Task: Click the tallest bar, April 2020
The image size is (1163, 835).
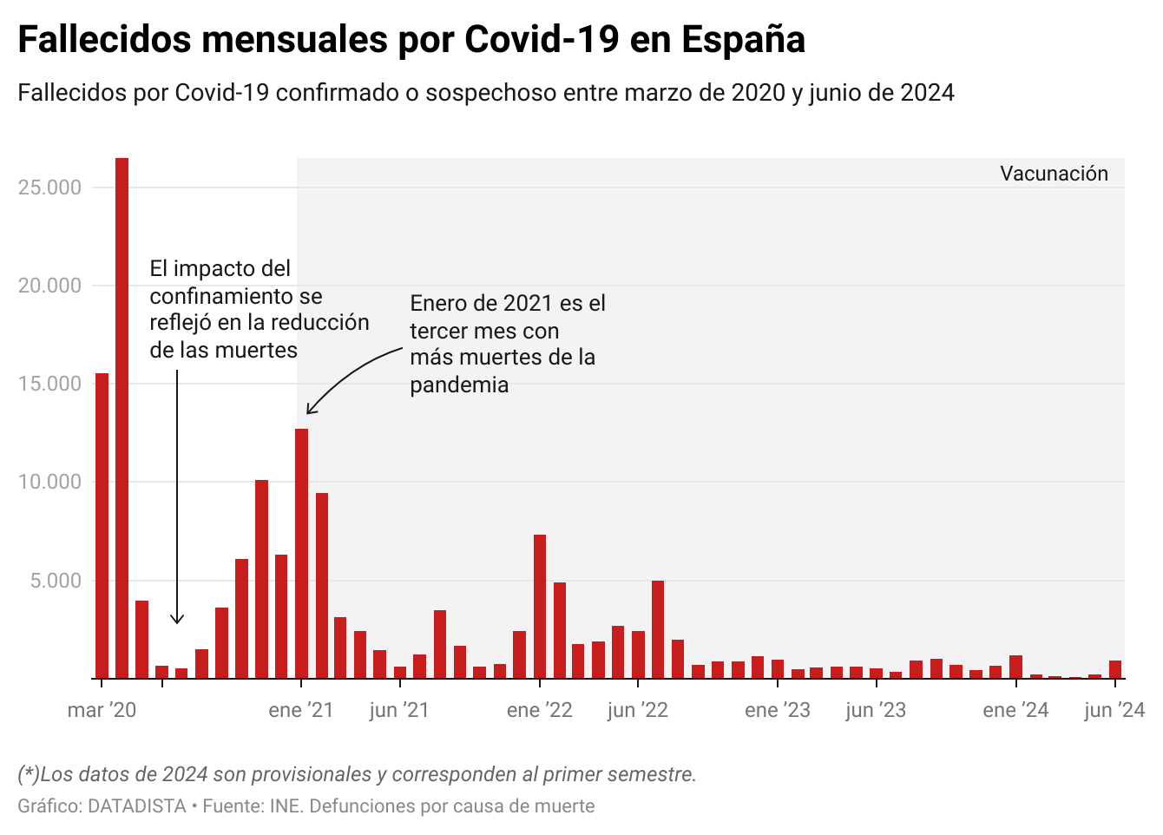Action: pos(122,417)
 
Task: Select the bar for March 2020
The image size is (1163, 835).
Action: pos(102,525)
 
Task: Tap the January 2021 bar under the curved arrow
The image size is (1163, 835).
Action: pos(301,553)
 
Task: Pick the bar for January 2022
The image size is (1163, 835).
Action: pos(540,606)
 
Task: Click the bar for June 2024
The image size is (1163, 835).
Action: pos(1115,669)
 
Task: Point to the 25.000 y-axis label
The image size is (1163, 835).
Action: pos(49,187)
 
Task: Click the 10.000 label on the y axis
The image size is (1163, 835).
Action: pos(49,482)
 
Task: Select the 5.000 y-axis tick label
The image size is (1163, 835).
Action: pos(56,581)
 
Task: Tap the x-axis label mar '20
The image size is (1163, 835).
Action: pos(102,710)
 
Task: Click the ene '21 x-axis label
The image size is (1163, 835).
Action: pos(301,710)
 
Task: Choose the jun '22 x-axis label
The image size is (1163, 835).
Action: pos(638,710)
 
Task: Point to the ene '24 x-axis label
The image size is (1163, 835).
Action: pos(1015,710)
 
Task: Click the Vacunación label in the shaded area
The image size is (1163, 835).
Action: pos(1054,174)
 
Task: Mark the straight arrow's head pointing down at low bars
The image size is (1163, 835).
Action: pos(177,620)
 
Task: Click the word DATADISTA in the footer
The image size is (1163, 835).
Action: pos(137,806)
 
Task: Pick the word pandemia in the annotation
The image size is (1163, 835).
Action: pos(459,385)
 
